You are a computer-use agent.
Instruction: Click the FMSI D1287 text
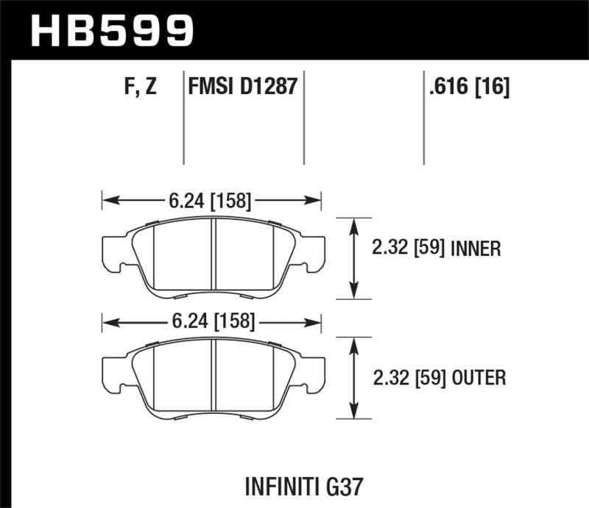(244, 87)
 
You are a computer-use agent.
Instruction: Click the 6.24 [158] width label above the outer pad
(211, 321)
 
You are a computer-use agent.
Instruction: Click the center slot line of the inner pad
(213, 257)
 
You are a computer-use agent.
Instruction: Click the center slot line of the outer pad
(213, 378)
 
